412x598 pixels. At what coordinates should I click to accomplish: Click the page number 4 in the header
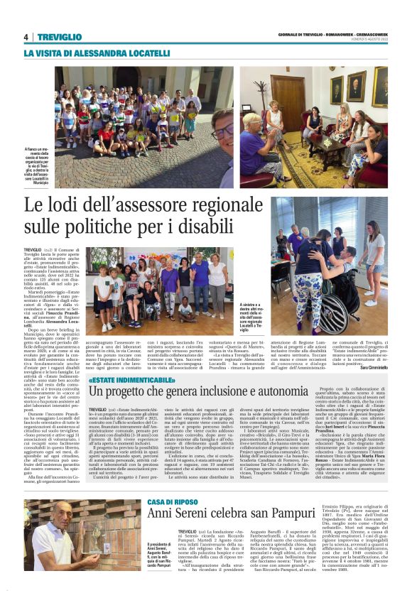26,37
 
